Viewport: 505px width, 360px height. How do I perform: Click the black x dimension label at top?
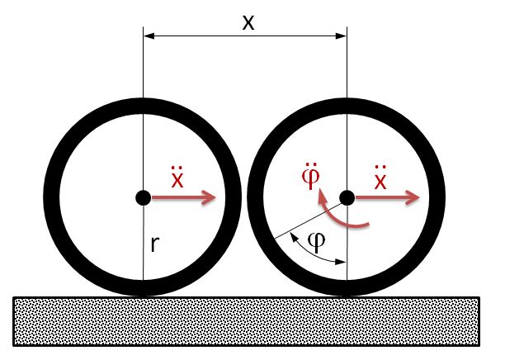pyautogui.click(x=248, y=23)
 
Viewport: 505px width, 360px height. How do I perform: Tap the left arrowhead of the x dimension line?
pyautogui.click(x=149, y=36)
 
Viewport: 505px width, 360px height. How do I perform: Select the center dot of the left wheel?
pyautogui.click(x=144, y=197)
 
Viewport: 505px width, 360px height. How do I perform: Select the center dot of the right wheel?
pyautogui.click(x=347, y=197)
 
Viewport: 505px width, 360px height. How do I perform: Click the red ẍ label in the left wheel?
pyautogui.click(x=177, y=178)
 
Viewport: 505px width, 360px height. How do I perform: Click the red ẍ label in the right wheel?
pyautogui.click(x=380, y=178)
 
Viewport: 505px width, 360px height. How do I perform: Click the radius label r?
pyautogui.click(x=155, y=244)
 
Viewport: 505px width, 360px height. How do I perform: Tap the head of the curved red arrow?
pyautogui.click(x=323, y=197)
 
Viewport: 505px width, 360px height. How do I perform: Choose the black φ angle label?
pyautogui.click(x=317, y=242)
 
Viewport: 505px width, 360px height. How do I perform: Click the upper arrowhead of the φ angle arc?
pyautogui.click(x=294, y=237)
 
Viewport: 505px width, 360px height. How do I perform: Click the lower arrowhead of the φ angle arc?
pyautogui.click(x=341, y=262)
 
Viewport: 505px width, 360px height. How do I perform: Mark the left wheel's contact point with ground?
pyautogui.click(x=144, y=296)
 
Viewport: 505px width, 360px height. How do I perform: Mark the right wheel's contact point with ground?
pyautogui.click(x=347, y=296)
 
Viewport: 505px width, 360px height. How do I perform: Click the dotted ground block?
pyautogui.click(x=247, y=321)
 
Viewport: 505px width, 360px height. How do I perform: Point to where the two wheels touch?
pyautogui.click(x=245, y=197)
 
